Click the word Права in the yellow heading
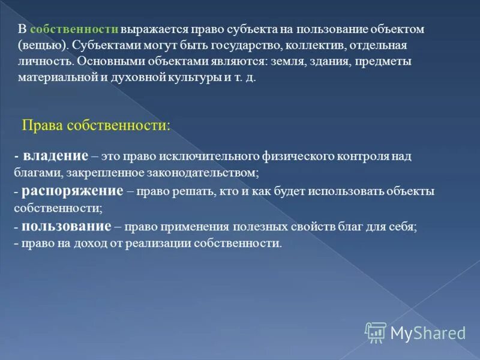(41, 125)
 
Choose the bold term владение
(56, 156)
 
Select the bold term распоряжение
(73, 191)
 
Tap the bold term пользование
(66, 227)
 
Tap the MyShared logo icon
(376, 332)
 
